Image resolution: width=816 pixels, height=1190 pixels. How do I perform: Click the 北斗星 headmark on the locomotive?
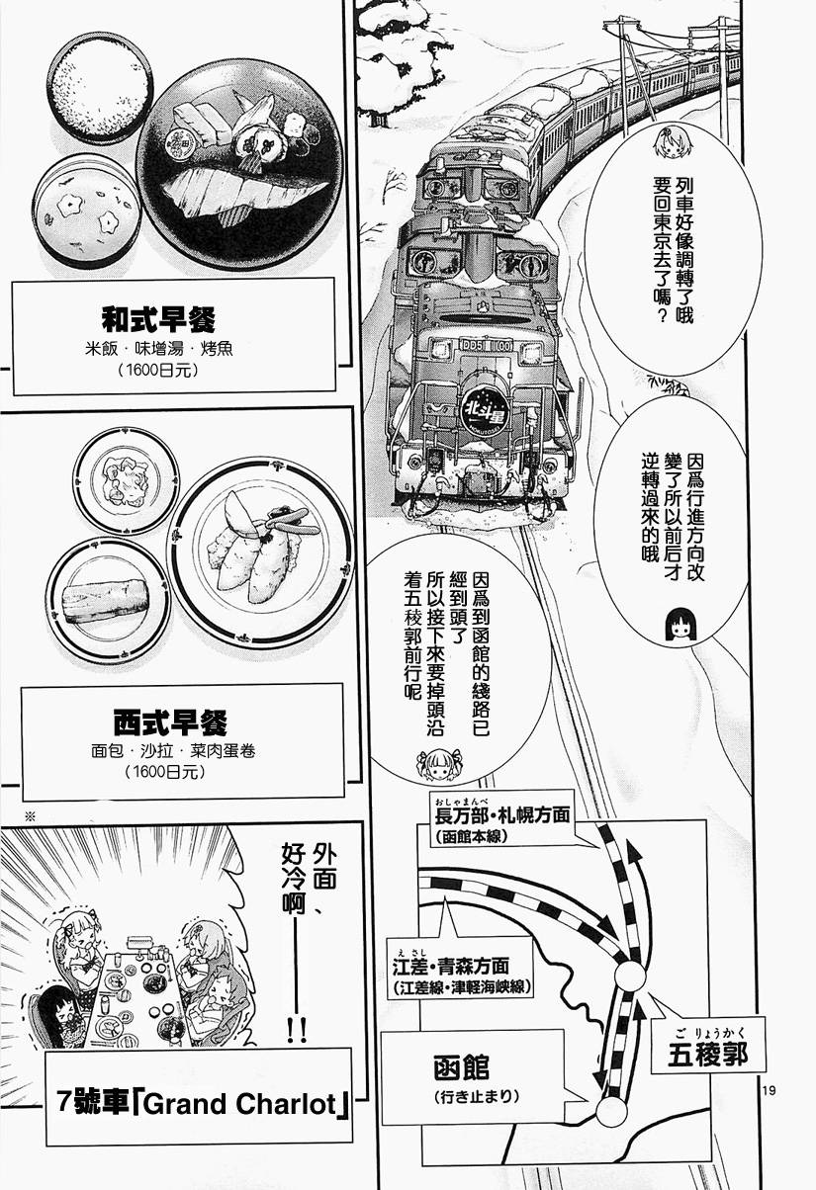[x=482, y=408]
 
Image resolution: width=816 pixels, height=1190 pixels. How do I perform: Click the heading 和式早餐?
[x=159, y=320]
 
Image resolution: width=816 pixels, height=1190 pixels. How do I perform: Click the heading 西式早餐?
[x=170, y=722]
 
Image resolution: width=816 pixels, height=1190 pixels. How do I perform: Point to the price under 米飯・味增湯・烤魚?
[x=159, y=370]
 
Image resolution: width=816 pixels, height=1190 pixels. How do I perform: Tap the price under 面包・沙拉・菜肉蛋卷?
[x=165, y=771]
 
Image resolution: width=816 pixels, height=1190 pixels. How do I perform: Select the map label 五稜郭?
[x=707, y=1054]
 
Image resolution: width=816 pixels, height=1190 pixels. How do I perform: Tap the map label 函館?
[x=461, y=1067]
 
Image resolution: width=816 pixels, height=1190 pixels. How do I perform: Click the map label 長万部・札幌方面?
[x=502, y=813]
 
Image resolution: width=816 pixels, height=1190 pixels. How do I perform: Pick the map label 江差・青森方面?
[x=451, y=966]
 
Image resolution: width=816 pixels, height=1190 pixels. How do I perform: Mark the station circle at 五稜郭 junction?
[x=630, y=976]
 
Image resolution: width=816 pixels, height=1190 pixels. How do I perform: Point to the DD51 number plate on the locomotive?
[x=487, y=344]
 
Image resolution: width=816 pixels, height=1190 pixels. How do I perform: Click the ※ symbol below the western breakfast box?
[x=30, y=816]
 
